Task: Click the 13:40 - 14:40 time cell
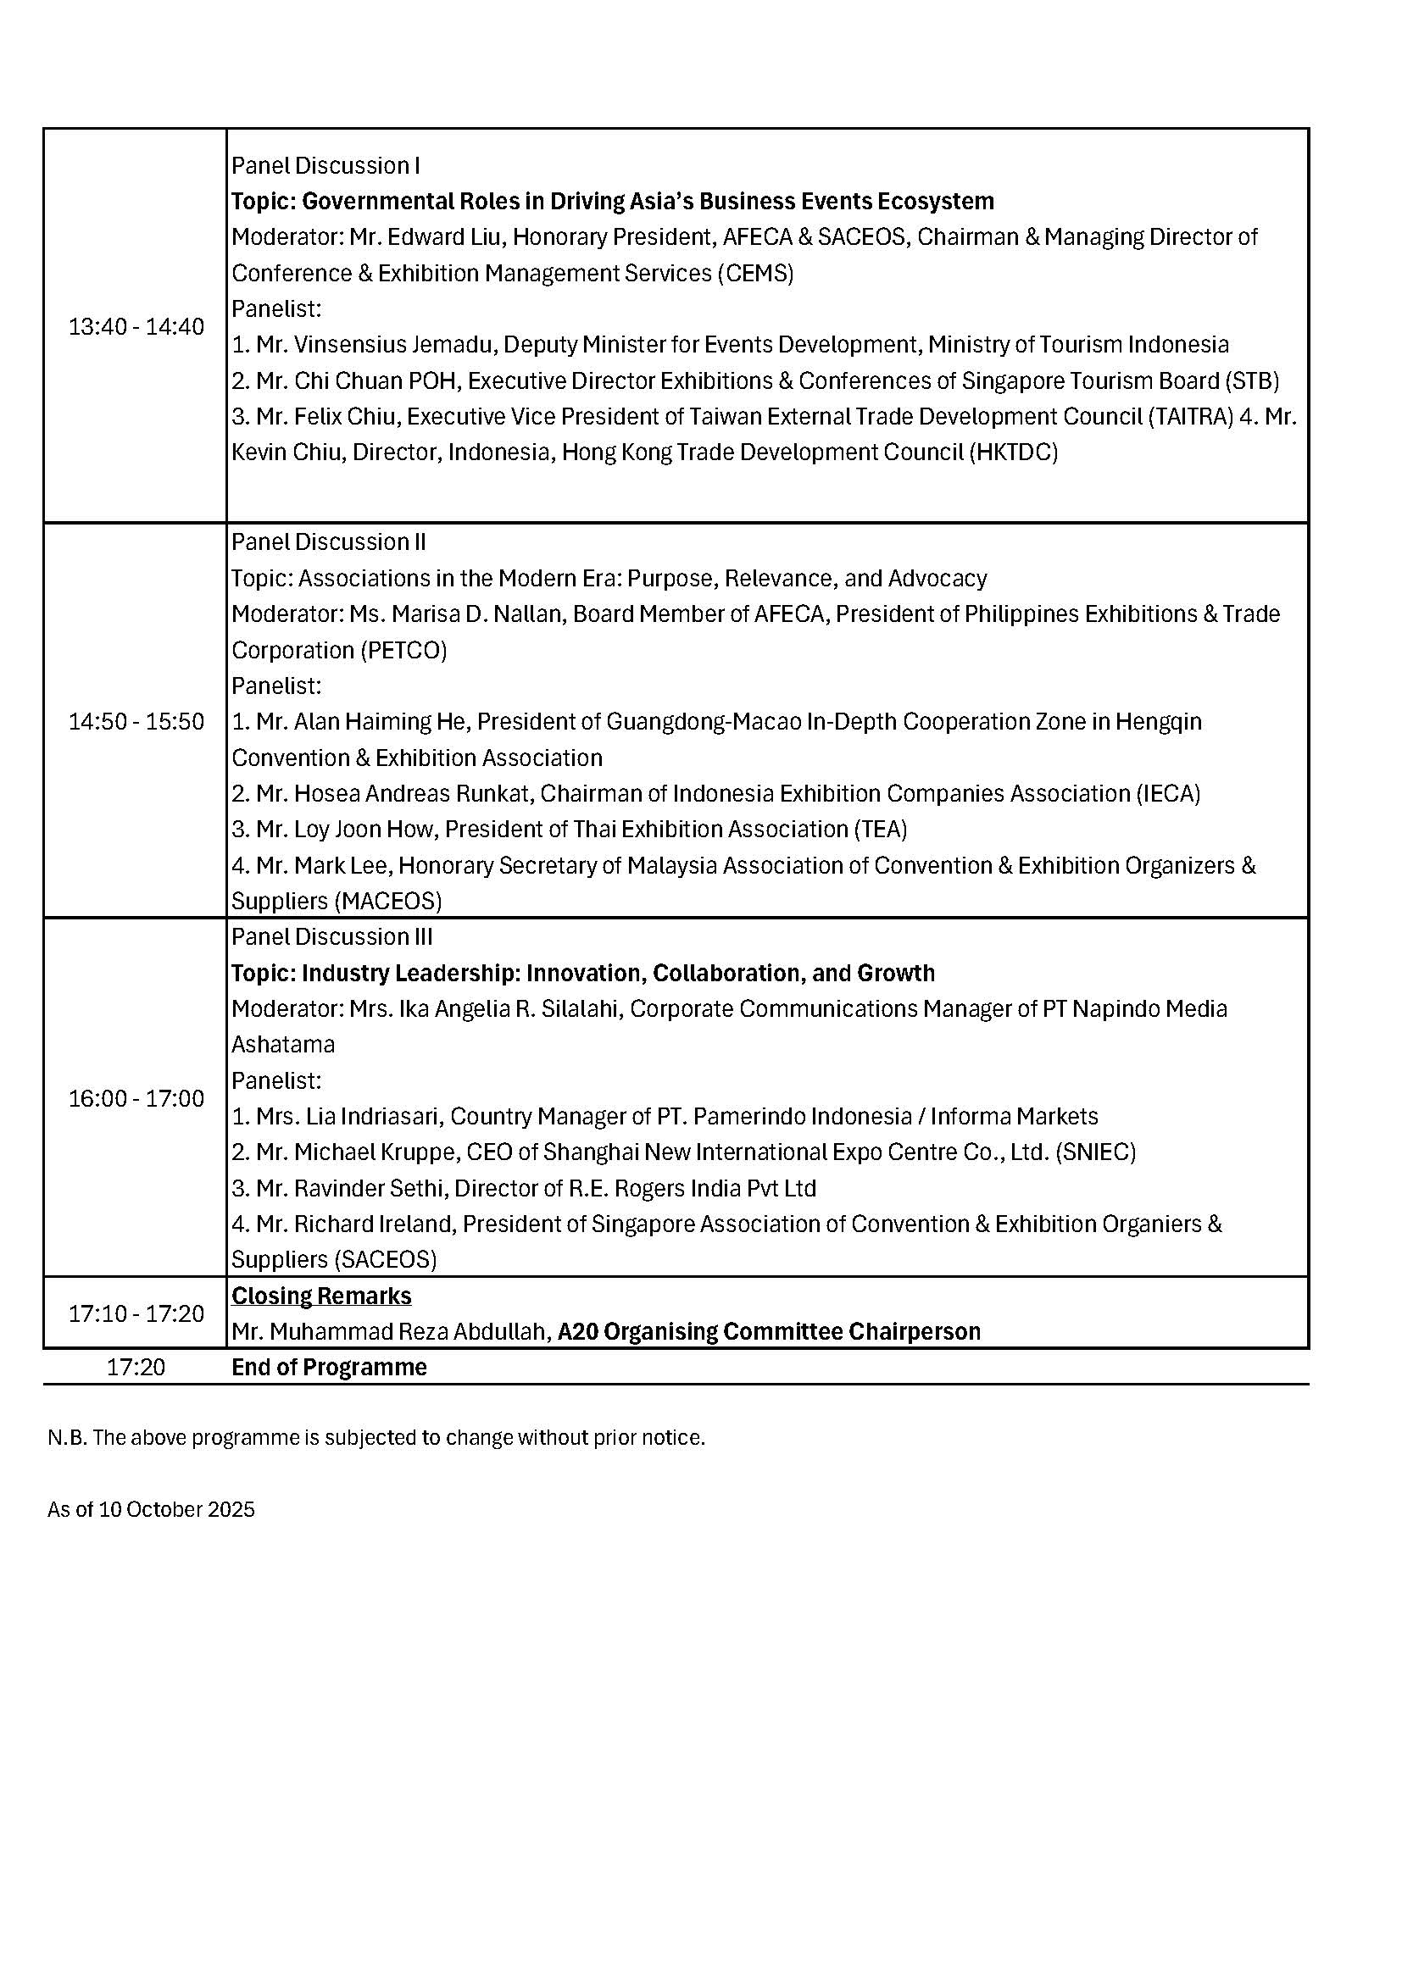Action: pyautogui.click(x=136, y=327)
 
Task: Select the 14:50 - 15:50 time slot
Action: pyautogui.click(x=136, y=722)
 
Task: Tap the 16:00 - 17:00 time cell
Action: pyautogui.click(x=136, y=1098)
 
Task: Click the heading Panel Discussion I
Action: pyautogui.click(x=325, y=166)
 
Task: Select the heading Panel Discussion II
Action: pyautogui.click(x=329, y=542)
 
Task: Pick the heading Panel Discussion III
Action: pyautogui.click(x=332, y=936)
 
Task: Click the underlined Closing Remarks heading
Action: pyautogui.click(x=321, y=1296)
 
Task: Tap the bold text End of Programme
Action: pyautogui.click(x=329, y=1368)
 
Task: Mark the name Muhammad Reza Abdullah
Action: pyautogui.click(x=410, y=1332)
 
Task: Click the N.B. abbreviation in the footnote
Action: pyautogui.click(x=67, y=1438)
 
